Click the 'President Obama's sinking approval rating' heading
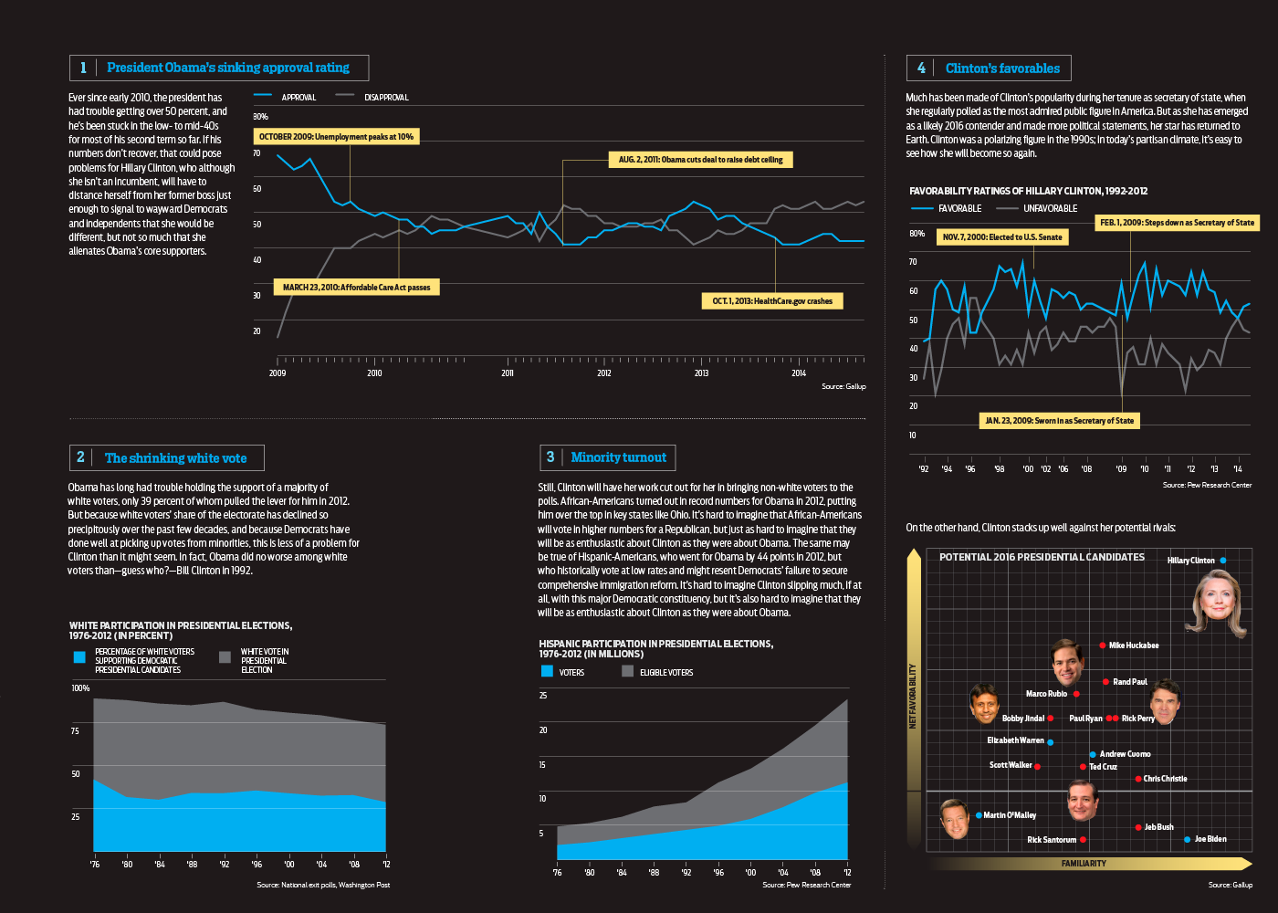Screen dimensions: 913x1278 coord(227,68)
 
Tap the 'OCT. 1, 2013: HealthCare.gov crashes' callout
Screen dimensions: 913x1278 coord(772,301)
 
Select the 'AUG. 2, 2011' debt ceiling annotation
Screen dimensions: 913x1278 coord(700,160)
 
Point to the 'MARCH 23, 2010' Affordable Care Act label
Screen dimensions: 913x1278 coord(356,288)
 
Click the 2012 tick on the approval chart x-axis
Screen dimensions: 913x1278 coord(604,373)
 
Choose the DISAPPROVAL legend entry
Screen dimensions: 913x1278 coord(386,97)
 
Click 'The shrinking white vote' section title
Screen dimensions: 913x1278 coord(175,458)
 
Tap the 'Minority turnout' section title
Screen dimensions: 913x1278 coord(618,457)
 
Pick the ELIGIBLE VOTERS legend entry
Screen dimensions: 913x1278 coord(665,672)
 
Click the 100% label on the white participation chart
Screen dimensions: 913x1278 coord(80,687)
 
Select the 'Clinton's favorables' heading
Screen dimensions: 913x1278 coord(1002,68)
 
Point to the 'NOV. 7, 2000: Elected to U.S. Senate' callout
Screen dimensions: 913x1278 coord(1002,237)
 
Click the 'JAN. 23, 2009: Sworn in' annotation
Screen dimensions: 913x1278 coord(1060,421)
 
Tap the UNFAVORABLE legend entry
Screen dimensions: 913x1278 coord(1050,208)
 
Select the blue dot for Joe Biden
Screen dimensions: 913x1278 coord(1187,839)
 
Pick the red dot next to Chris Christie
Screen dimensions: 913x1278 coord(1138,779)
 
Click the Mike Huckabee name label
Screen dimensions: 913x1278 coord(1134,645)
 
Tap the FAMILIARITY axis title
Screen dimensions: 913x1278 coord(1084,863)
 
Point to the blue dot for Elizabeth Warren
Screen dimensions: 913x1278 coord(1051,742)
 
